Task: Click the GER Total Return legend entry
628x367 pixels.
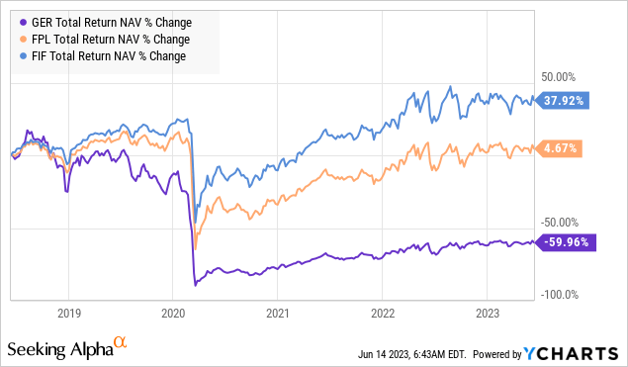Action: [x=99, y=22]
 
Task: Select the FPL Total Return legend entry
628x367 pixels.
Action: [x=98, y=39]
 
